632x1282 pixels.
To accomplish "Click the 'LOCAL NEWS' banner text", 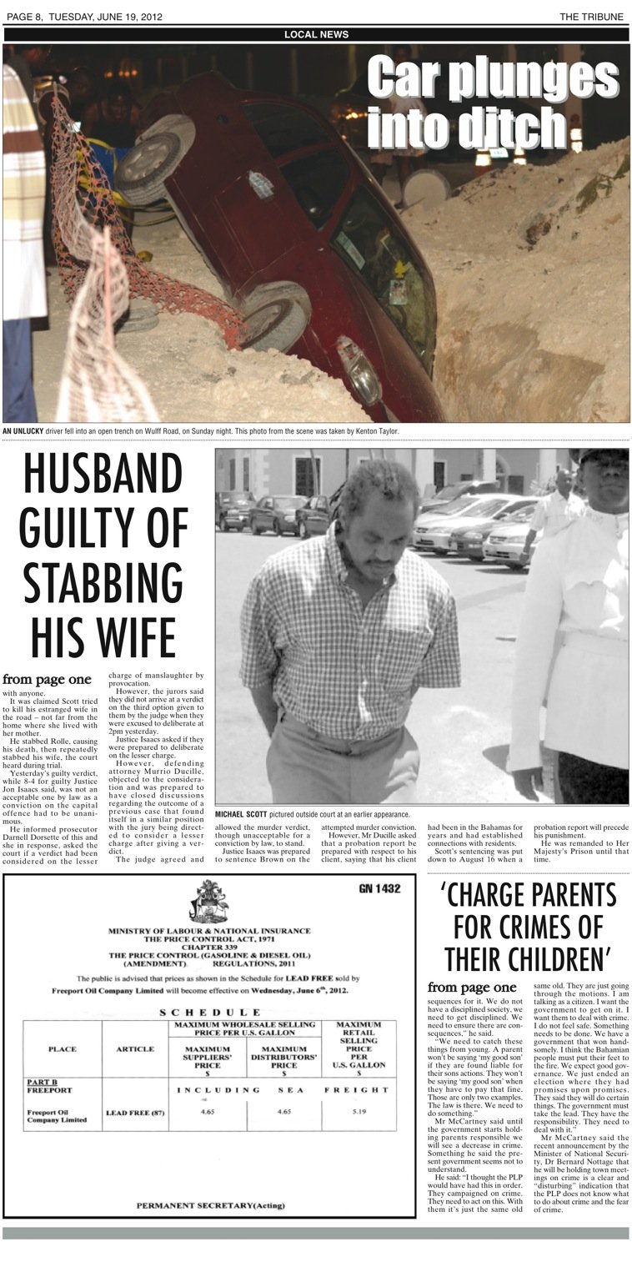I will point(316,34).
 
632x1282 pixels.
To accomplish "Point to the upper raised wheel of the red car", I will point(153,161).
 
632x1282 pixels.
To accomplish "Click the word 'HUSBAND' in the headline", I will point(103,474).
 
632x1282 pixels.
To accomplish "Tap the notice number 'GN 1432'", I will point(379,889).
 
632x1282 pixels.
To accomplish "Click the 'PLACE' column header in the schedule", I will point(63,1048).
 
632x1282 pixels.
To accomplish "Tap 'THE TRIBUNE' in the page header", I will point(591,17).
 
